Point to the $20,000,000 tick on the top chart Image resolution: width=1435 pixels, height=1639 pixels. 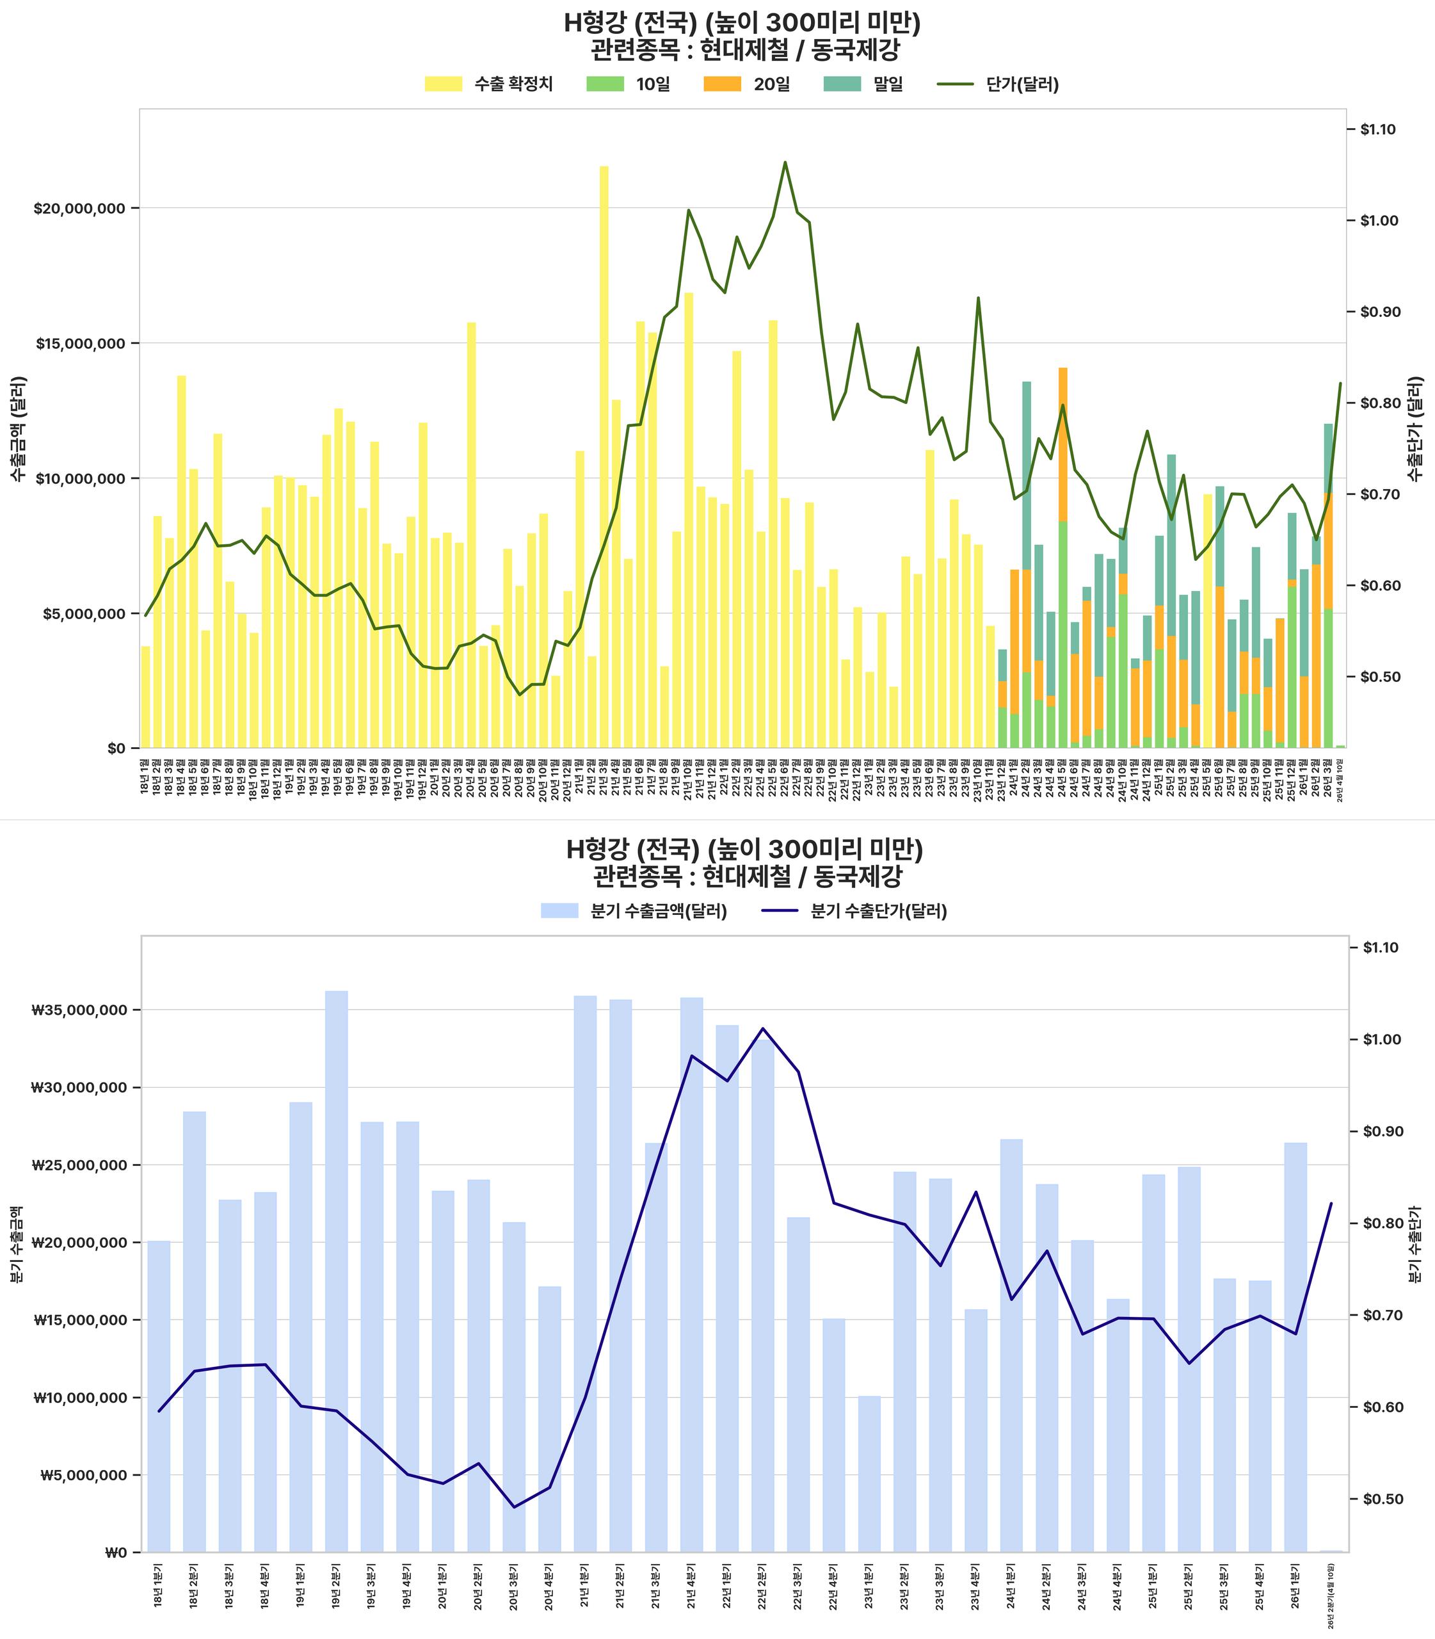pyautogui.click(x=79, y=208)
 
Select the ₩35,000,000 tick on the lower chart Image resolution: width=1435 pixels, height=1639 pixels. pyautogui.click(x=79, y=1010)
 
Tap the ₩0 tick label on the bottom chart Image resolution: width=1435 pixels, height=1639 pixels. pyautogui.click(x=116, y=1553)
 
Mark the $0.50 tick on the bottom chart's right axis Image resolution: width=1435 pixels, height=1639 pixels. pyautogui.click(x=1381, y=1499)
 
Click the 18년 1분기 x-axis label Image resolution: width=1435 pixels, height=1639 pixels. pyautogui.click(x=157, y=1581)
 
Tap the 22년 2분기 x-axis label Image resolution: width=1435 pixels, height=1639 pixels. pyautogui.click(x=762, y=1581)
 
